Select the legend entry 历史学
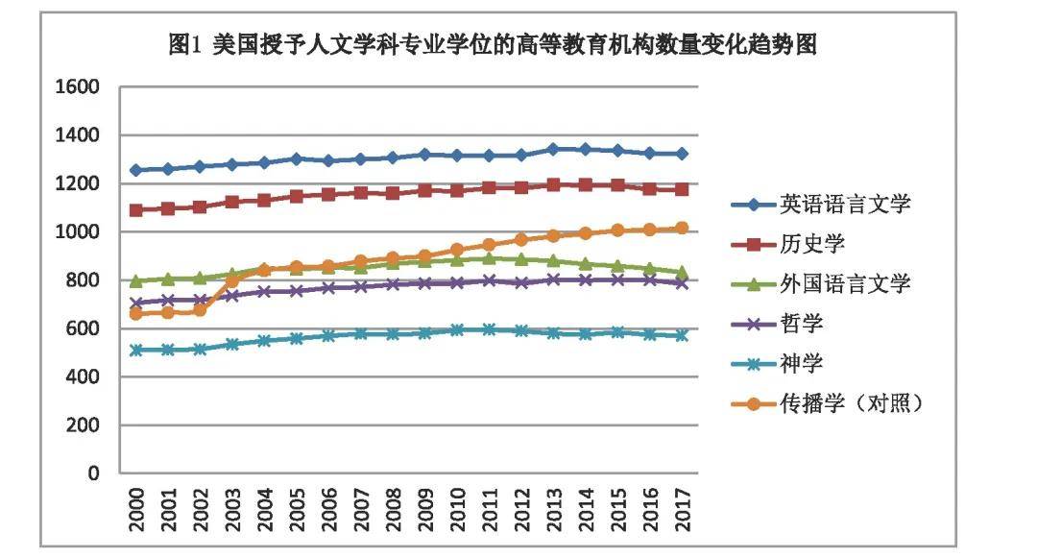click(x=812, y=243)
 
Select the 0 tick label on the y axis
click(x=94, y=473)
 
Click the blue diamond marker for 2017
click(x=681, y=154)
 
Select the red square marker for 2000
click(x=136, y=210)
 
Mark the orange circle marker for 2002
click(x=200, y=310)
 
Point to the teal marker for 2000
click(x=136, y=351)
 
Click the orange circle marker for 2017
click(x=681, y=228)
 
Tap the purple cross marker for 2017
click(x=681, y=283)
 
